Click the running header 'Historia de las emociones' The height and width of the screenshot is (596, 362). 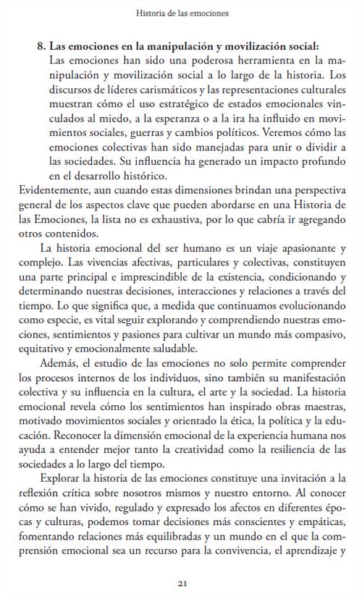[182, 13]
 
